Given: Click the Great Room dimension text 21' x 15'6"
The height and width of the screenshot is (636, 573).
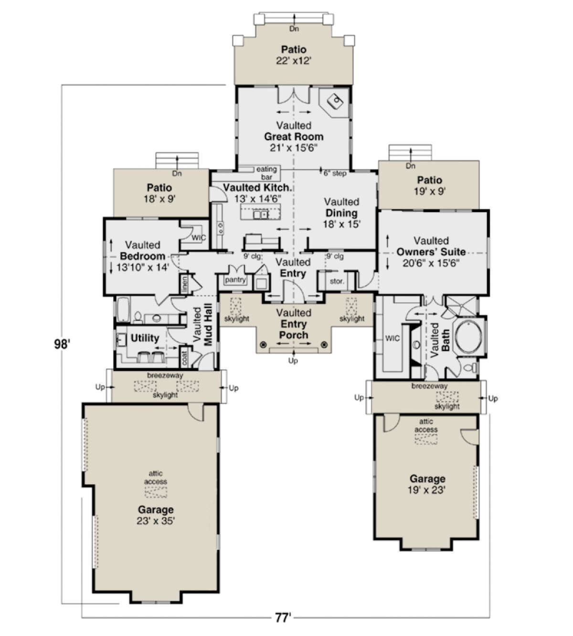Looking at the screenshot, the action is pyautogui.click(x=294, y=148).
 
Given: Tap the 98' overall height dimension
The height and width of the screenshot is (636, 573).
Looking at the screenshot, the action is pyautogui.click(x=62, y=344).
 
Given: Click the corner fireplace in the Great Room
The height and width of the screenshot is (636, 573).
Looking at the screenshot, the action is pyautogui.click(x=334, y=102).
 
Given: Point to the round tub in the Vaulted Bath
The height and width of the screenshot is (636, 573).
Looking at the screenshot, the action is pyautogui.click(x=468, y=337).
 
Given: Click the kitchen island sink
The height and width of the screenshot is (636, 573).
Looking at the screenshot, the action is pyautogui.click(x=261, y=215).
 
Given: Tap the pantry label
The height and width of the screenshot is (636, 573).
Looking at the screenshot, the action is pyautogui.click(x=235, y=280).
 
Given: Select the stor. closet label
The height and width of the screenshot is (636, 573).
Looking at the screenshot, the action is pyautogui.click(x=337, y=281).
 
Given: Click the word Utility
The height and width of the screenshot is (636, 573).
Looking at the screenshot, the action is pyautogui.click(x=145, y=338).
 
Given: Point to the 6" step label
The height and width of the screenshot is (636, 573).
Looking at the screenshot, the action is pyautogui.click(x=335, y=173).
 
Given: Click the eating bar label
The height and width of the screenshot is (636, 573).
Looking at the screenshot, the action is pyautogui.click(x=266, y=173).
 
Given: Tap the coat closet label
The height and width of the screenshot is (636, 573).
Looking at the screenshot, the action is pyautogui.click(x=184, y=358).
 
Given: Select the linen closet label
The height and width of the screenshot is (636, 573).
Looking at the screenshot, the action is pyautogui.click(x=184, y=285).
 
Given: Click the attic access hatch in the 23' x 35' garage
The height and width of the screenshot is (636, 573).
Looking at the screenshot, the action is pyautogui.click(x=156, y=492).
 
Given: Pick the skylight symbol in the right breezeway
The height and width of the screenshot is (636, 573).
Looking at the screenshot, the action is pyautogui.click(x=447, y=397).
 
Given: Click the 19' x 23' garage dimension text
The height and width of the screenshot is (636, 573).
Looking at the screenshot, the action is pyautogui.click(x=427, y=490).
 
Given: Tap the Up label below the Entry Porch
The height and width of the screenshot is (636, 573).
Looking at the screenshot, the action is pyautogui.click(x=293, y=361).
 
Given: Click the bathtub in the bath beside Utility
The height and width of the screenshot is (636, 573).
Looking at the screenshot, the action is pyautogui.click(x=123, y=309).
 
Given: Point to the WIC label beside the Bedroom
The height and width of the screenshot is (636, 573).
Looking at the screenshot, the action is pyautogui.click(x=199, y=237).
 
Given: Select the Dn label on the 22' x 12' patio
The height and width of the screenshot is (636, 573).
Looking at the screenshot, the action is pyautogui.click(x=294, y=29).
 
